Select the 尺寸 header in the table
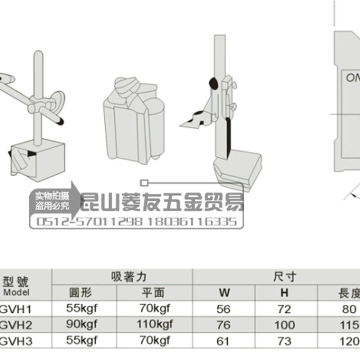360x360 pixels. point(284,276)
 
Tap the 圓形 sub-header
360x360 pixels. point(81,293)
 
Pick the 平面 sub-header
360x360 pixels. point(153,293)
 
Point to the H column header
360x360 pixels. point(284,293)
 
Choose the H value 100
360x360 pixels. point(284,325)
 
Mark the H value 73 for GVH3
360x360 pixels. point(284,341)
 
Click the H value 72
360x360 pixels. point(284,309)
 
